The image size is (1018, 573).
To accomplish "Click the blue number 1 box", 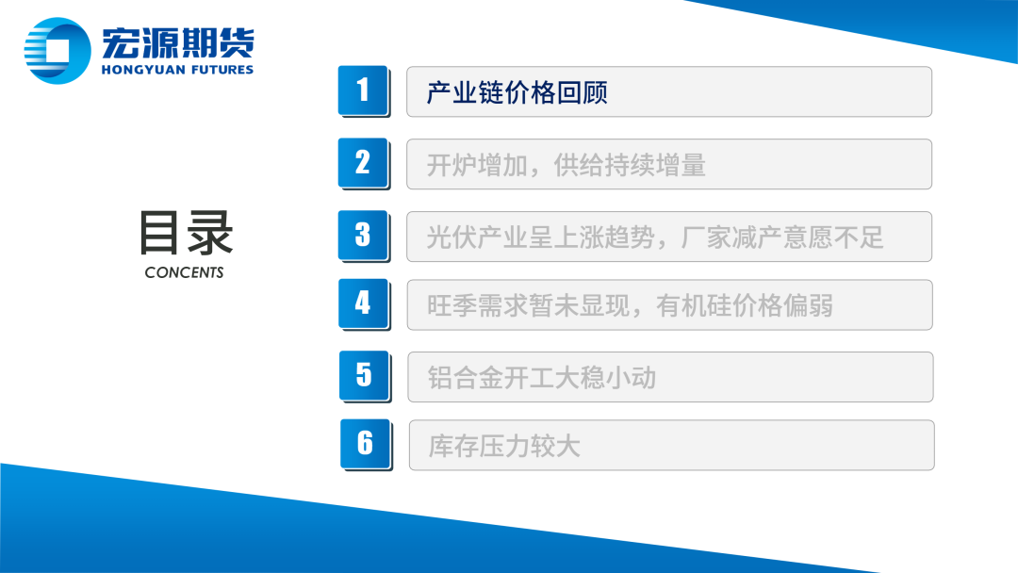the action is pyautogui.click(x=363, y=90).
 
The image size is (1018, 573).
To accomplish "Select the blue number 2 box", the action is pyautogui.click(x=363, y=163).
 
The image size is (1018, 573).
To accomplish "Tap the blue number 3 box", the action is pyautogui.click(x=363, y=236).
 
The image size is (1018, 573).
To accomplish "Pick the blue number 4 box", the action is pyautogui.click(x=364, y=303).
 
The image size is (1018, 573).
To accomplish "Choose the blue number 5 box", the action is pyautogui.click(x=364, y=376).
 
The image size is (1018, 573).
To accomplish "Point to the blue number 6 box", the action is pyautogui.click(x=366, y=444).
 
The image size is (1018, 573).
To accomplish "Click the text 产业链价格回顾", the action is pyautogui.click(x=517, y=92).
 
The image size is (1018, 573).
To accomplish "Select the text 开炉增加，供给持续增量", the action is pyautogui.click(x=566, y=166).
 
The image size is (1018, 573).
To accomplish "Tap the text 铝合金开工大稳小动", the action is pyautogui.click(x=541, y=378).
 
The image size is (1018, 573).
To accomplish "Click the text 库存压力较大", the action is pyautogui.click(x=503, y=447).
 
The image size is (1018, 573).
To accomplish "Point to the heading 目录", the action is pyautogui.click(x=186, y=233).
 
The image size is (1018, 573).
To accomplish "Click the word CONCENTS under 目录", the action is pyautogui.click(x=185, y=272).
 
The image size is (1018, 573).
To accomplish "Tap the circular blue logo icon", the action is pyautogui.click(x=57, y=51).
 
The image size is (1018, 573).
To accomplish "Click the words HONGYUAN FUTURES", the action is pyautogui.click(x=177, y=70).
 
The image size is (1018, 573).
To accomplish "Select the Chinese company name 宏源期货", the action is pyautogui.click(x=178, y=43).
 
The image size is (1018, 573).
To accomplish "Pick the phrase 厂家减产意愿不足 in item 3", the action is pyautogui.click(x=782, y=237).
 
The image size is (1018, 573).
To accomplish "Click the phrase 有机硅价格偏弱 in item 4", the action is pyautogui.click(x=745, y=305).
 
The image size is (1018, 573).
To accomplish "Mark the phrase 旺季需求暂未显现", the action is pyautogui.click(x=529, y=305).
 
